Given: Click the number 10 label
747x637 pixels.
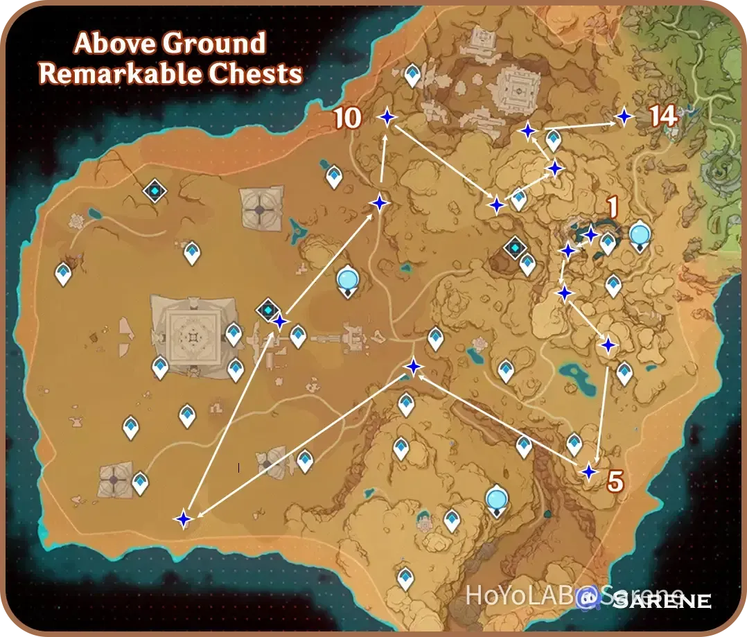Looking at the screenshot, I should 347,119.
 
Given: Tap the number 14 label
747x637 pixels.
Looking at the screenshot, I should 663,116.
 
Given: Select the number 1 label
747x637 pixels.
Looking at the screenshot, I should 611,207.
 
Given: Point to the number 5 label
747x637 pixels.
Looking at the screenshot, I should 615,481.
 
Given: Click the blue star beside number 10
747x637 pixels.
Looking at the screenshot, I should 387,118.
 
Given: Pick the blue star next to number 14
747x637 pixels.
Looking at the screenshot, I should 624,116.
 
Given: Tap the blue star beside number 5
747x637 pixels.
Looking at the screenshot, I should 588,472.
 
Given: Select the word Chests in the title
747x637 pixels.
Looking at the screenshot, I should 263,74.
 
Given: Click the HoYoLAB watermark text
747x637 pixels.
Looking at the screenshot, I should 519,595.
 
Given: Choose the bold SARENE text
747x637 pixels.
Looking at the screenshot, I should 662,600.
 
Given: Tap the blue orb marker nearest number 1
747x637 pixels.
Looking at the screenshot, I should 640,236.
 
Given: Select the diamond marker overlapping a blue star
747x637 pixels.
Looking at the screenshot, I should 268,311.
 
